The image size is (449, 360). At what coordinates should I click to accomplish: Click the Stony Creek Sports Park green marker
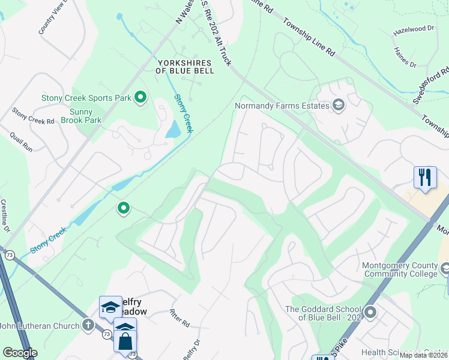[140, 97]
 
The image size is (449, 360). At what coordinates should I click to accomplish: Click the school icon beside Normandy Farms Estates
[339, 106]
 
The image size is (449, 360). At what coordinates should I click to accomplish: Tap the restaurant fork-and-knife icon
[424, 177]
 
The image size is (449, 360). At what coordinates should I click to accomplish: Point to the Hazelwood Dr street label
[413, 28]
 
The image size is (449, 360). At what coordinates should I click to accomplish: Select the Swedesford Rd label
[430, 85]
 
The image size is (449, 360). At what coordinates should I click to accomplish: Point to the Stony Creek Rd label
[33, 116]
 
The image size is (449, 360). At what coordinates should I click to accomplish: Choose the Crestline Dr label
[5, 217]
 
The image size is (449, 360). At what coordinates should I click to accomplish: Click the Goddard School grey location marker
[370, 312]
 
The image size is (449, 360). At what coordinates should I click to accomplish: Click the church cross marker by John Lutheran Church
[88, 326]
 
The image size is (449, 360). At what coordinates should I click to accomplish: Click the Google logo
[20, 353]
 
